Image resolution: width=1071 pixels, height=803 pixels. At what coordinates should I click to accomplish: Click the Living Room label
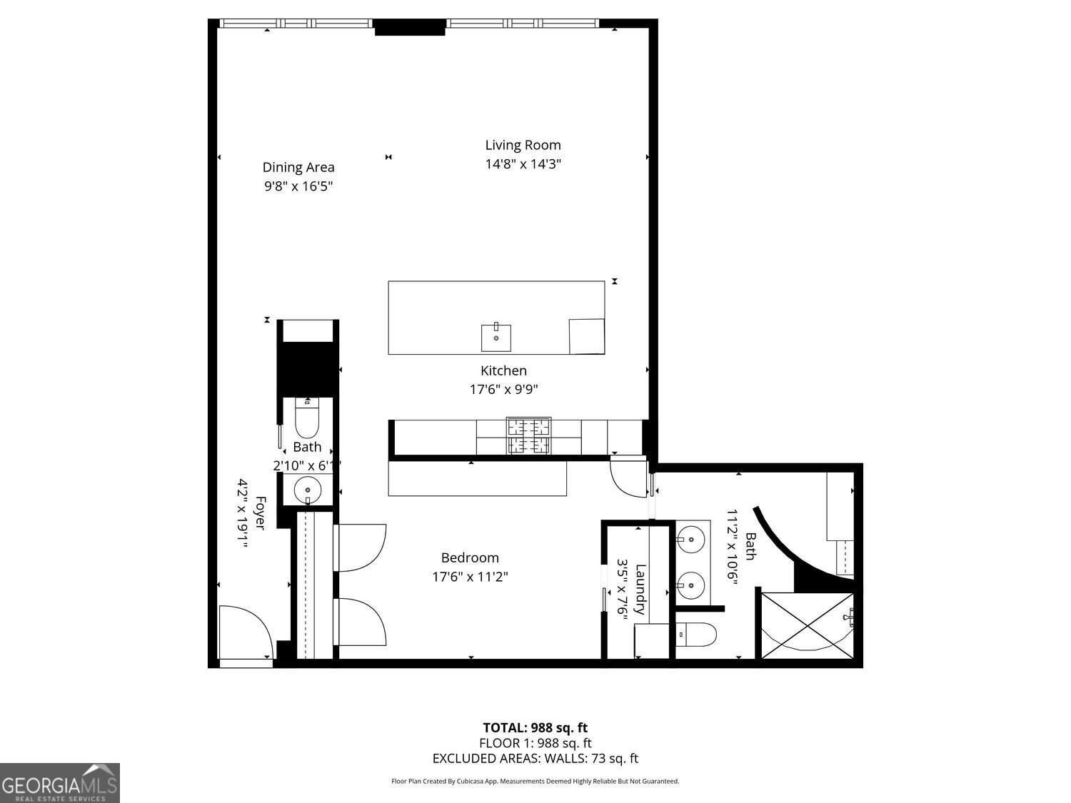pos(523,146)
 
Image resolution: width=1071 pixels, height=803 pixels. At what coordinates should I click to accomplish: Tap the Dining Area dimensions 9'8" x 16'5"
pos(298,186)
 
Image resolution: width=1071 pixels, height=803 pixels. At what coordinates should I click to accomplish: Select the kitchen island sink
pos(496,337)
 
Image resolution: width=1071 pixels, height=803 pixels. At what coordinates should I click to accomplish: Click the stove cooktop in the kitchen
pos(528,436)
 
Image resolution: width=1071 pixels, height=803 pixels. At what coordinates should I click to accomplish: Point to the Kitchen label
pos(503,370)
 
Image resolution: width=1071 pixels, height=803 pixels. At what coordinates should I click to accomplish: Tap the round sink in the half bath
pos(308,490)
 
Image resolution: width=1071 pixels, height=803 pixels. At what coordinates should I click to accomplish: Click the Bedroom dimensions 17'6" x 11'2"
pos(470,577)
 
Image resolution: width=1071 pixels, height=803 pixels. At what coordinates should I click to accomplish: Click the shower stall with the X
pos(807,626)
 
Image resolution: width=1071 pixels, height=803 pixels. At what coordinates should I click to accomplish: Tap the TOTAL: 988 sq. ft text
pos(535,727)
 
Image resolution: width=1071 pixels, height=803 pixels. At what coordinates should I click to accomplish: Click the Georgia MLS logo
pos(60,783)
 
